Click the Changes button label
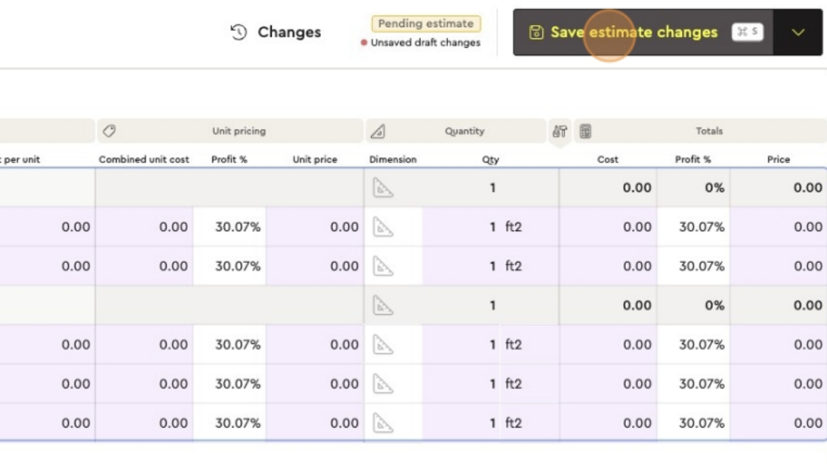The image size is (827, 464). pos(289,32)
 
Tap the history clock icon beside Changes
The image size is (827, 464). pos(239,32)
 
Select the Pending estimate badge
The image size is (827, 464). pos(426,24)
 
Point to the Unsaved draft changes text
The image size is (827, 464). pos(426,42)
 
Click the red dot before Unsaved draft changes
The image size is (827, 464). pos(364,42)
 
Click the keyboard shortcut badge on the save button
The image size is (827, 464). pos(747,32)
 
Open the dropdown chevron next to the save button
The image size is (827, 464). pos(798,32)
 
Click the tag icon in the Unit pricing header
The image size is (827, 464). pos(109,131)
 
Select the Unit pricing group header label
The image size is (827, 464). pos(239,131)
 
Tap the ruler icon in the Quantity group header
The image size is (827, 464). pos(378,132)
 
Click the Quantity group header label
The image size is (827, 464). pos(465,131)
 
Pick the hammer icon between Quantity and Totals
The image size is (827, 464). pos(560,131)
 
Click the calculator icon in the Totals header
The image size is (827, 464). pos(586,132)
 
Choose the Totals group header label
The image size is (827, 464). pos(709,131)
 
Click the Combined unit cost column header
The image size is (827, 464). pos(144,159)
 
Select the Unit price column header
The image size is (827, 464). pos(315,159)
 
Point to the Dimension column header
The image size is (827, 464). pos(393,159)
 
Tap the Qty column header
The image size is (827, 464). pos(490,159)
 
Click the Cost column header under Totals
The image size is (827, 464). pos(608,159)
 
